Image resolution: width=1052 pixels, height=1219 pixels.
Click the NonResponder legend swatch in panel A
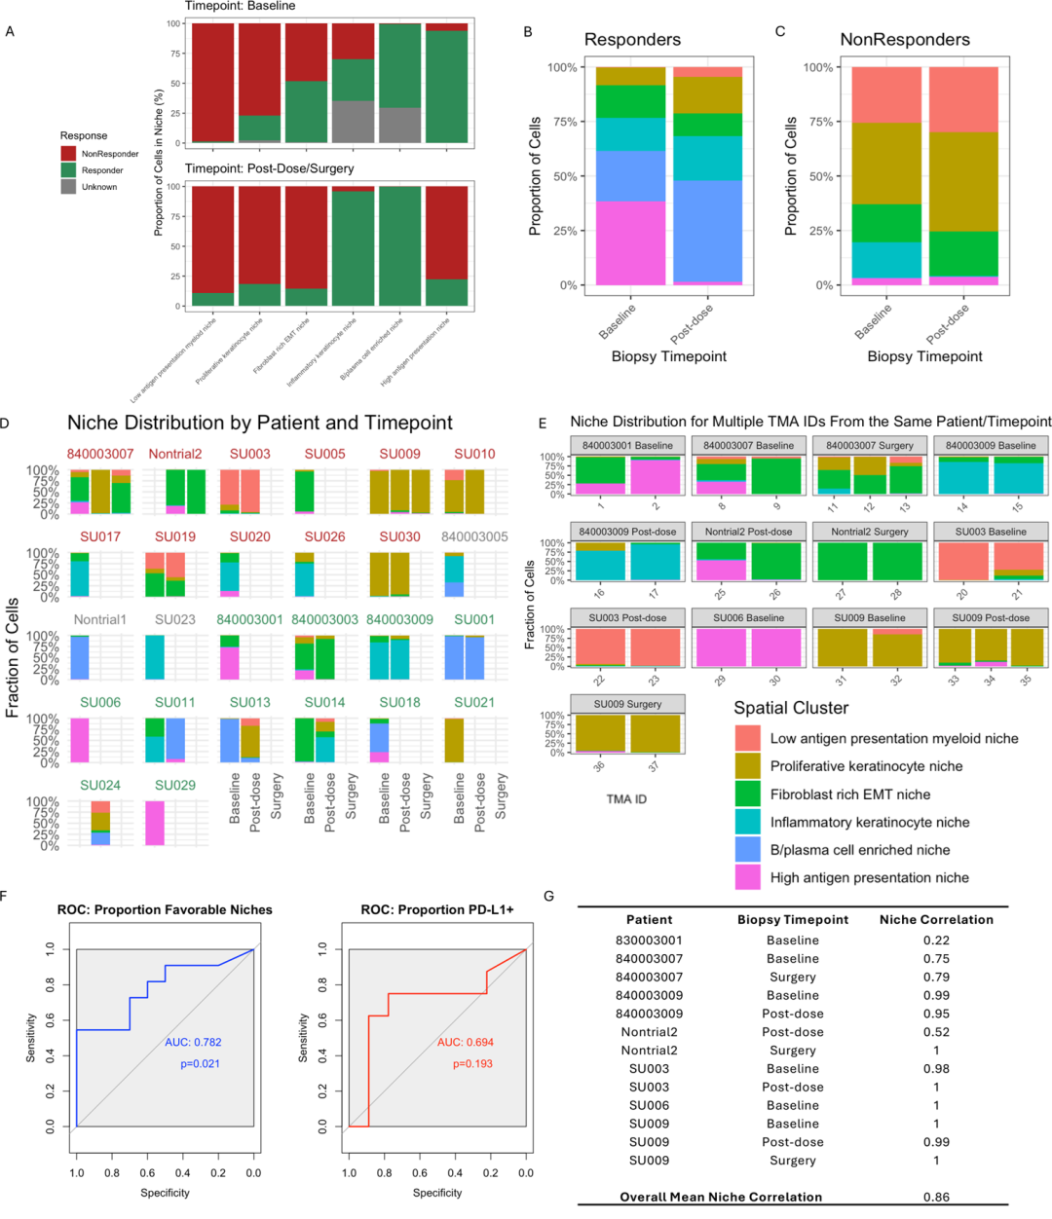click(x=68, y=154)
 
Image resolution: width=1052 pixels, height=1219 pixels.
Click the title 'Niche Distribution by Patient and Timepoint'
click(x=259, y=423)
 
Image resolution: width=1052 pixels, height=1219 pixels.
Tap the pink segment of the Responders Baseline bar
click(x=630, y=243)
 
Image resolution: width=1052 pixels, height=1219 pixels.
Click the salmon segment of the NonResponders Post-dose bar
click(x=962, y=99)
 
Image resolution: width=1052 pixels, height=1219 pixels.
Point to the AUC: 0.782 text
click(x=193, y=1042)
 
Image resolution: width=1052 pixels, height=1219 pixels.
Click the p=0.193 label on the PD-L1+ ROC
click(x=472, y=1064)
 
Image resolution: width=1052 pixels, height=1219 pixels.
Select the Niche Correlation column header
click(x=936, y=919)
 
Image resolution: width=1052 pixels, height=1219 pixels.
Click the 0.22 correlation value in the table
click(x=936, y=941)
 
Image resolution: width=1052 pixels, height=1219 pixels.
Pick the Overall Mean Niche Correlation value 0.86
click(x=936, y=1197)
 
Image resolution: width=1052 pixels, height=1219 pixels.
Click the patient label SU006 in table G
click(x=649, y=1105)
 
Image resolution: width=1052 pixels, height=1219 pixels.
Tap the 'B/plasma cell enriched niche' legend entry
click(x=859, y=850)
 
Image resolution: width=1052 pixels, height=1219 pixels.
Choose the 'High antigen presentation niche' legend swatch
click(x=747, y=877)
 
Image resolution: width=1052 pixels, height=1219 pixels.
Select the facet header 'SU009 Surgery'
click(x=624, y=704)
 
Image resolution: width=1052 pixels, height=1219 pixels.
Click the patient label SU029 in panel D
click(x=174, y=785)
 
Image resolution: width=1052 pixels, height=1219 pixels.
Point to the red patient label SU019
click(x=174, y=536)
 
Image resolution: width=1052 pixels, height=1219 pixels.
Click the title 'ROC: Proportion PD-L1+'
click(x=436, y=909)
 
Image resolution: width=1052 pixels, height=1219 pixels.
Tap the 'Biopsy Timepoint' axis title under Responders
click(x=668, y=356)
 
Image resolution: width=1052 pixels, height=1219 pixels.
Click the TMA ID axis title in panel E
click(x=626, y=798)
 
